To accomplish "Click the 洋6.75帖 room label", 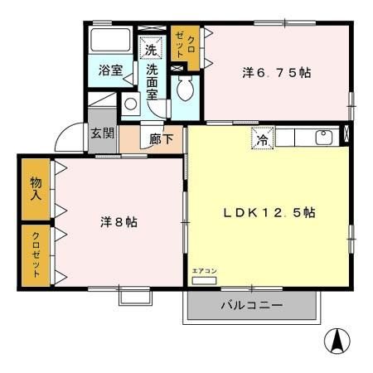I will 277,73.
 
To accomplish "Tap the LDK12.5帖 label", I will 269,212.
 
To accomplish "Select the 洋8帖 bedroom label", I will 119,222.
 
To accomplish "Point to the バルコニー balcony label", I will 251,306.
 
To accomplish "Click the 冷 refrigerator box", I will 261,140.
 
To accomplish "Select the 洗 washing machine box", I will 150,49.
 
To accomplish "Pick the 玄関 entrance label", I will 102,133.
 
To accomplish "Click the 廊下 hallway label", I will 162,139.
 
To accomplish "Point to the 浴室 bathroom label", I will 109,70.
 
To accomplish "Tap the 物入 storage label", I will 36,190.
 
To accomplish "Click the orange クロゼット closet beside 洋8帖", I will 36,254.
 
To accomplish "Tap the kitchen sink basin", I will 324,137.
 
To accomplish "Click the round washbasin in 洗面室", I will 131,104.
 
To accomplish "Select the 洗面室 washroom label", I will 152,81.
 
